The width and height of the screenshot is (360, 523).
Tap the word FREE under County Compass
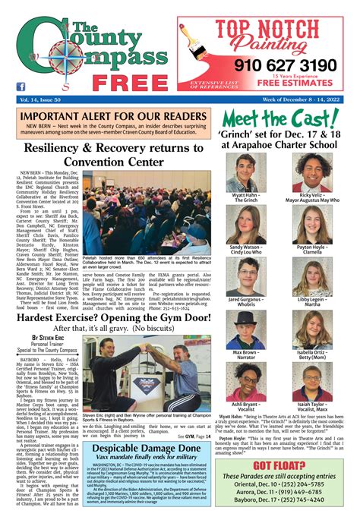click(116, 81)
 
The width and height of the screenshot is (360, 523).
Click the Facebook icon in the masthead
click(21, 87)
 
